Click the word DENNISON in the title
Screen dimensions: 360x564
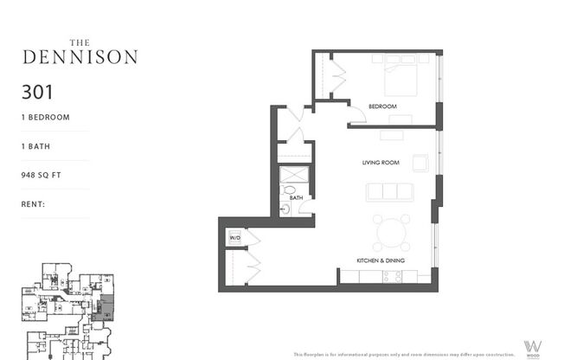click(x=79, y=58)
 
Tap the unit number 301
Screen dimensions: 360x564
click(x=38, y=91)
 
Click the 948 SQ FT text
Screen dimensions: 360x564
click(x=45, y=175)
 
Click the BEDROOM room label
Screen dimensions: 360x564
click(x=382, y=106)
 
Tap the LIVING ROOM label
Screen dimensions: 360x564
click(x=380, y=162)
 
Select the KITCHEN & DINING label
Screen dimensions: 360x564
click(x=381, y=260)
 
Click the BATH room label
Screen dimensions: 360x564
click(x=296, y=198)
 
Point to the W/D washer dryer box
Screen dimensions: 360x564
click(x=234, y=236)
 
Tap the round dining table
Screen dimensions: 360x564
click(x=392, y=231)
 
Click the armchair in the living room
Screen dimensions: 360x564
click(x=420, y=162)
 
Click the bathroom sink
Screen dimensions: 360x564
click(x=285, y=209)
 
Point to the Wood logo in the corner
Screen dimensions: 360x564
click(x=533, y=346)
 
